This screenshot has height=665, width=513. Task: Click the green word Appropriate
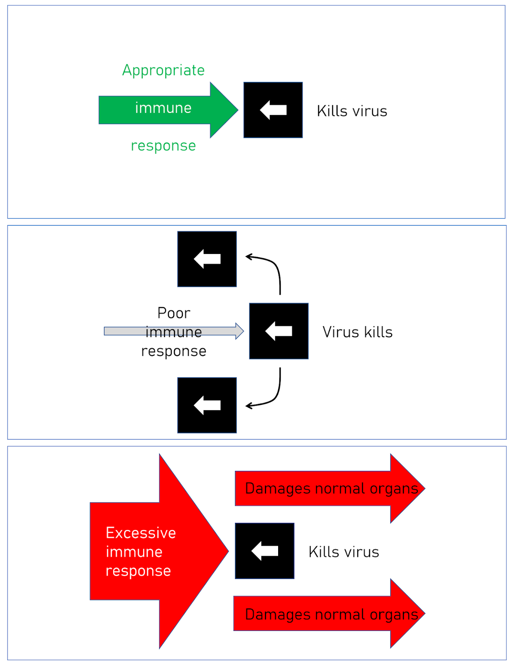(163, 71)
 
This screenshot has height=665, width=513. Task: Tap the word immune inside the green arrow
(163, 108)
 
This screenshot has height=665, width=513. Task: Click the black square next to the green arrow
(273, 110)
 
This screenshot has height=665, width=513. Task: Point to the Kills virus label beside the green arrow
(352, 111)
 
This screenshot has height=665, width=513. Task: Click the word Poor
(173, 313)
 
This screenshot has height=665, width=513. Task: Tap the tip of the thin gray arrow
(244, 331)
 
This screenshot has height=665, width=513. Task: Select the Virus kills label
(357, 332)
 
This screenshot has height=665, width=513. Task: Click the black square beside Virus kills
(279, 331)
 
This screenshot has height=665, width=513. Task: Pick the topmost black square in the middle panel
(207, 259)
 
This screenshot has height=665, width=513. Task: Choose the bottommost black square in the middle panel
(207, 405)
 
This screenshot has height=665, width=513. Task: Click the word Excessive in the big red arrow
(141, 533)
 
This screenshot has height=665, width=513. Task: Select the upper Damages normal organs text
(331, 488)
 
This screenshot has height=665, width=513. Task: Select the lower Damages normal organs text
(331, 615)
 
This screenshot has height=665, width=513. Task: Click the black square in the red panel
(264, 551)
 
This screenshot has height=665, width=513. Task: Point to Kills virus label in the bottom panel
(343, 552)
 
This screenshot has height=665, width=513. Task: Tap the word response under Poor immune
(173, 352)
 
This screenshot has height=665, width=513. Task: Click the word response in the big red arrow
(138, 571)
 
